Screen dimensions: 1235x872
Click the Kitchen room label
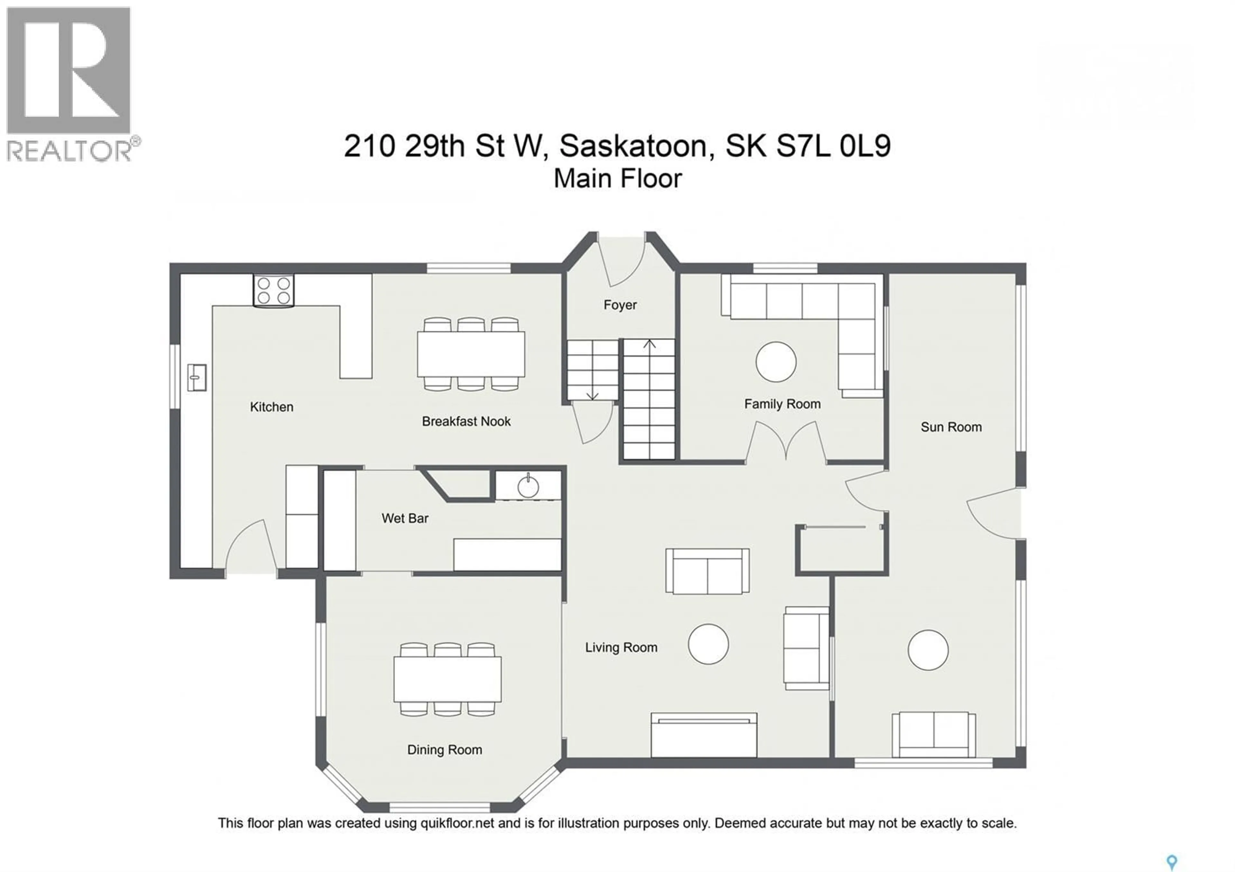[272, 407]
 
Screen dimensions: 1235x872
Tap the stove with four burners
[274, 291]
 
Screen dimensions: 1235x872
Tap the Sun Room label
[951, 427]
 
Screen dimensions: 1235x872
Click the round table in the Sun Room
[929, 650]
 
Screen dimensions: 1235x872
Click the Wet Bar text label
[405, 518]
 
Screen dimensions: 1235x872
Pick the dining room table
[447, 679]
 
